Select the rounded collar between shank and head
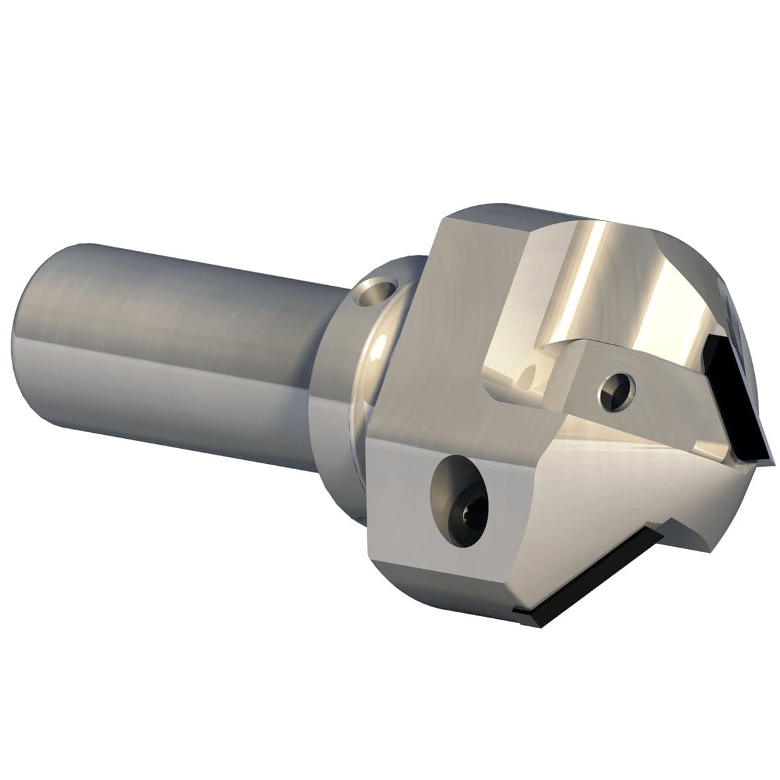pos(370,370)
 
